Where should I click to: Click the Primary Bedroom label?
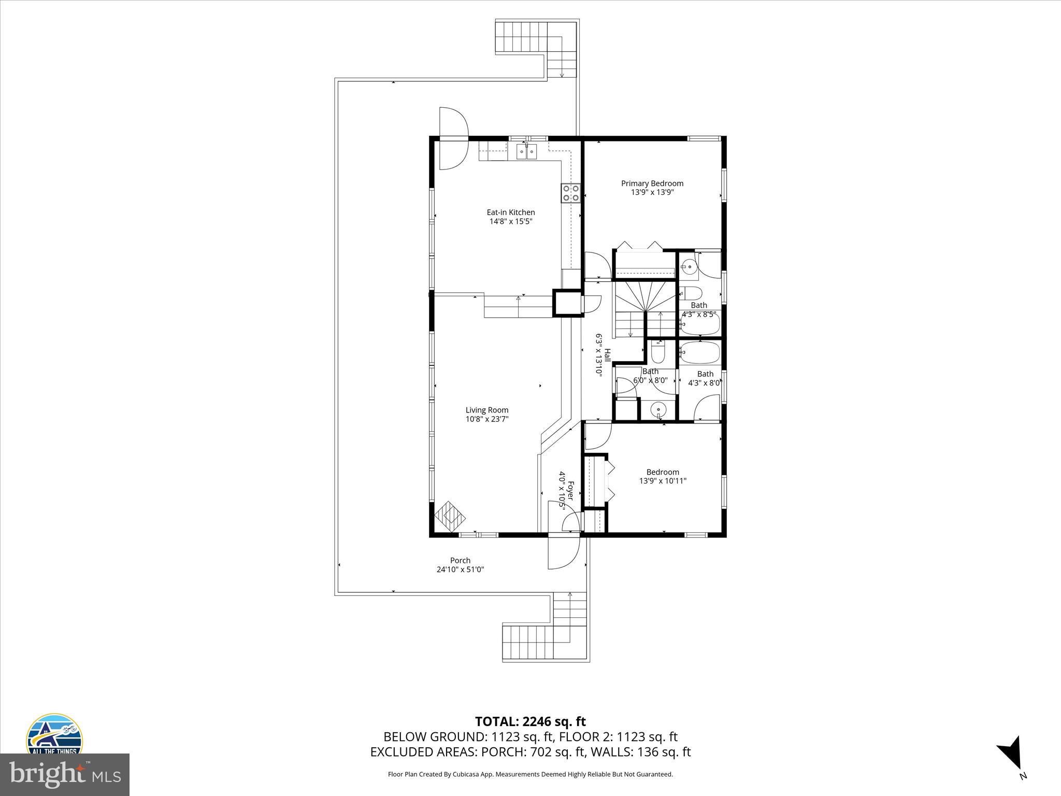click(x=652, y=183)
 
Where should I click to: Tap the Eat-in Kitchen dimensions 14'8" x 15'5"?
click(x=511, y=221)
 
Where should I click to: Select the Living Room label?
click(x=486, y=410)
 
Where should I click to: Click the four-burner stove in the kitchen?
click(x=570, y=193)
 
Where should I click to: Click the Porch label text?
click(x=460, y=560)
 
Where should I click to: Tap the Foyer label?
click(x=571, y=490)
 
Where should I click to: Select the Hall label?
click(x=607, y=354)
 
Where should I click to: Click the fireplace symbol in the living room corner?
click(x=450, y=516)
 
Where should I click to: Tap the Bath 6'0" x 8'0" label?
click(x=650, y=372)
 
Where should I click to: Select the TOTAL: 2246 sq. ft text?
click(x=530, y=721)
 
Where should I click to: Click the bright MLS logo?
click(x=64, y=775)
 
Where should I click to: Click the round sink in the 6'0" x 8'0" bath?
click(x=658, y=409)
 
